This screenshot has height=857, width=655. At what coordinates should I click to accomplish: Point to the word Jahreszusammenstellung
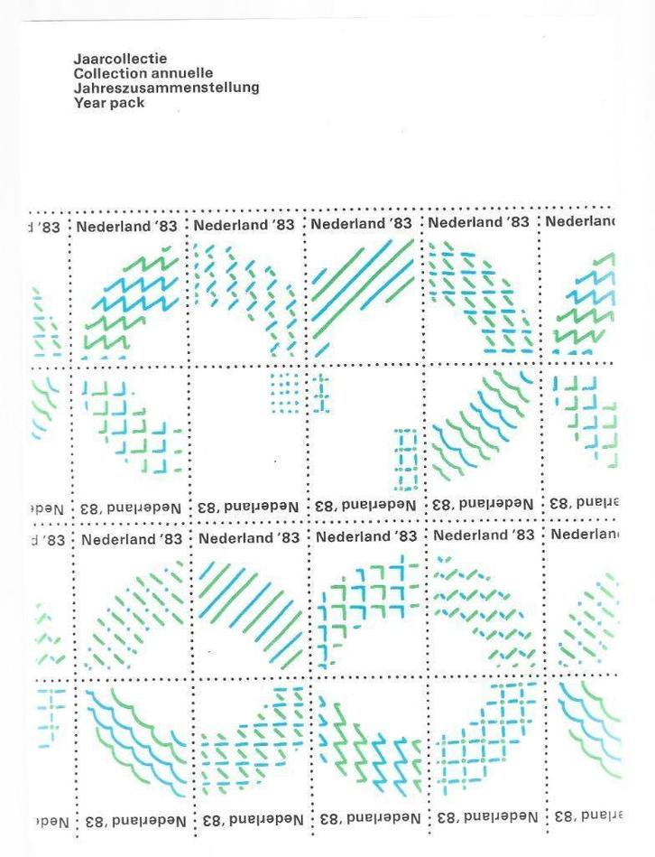pos(166,88)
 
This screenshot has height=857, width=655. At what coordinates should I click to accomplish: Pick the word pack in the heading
pos(126,102)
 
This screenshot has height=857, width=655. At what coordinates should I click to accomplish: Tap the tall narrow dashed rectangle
pos(405,461)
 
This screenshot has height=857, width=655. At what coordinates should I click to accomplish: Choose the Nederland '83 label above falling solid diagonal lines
pos(249,537)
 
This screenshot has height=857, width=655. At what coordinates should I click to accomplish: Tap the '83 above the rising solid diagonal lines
pos(400,223)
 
